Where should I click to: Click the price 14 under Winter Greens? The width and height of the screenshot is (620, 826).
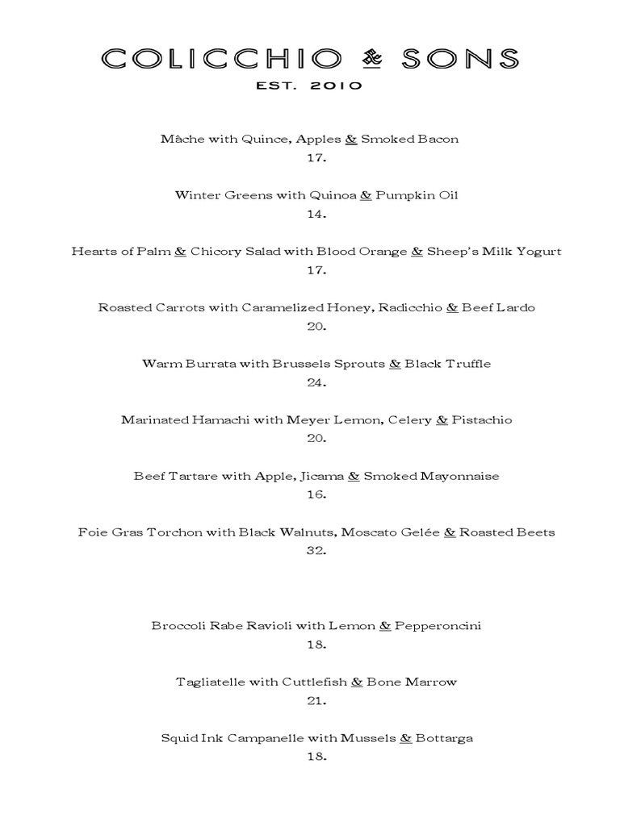316,214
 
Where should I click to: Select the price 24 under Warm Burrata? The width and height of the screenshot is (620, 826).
316,382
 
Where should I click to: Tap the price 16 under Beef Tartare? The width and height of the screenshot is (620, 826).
316,494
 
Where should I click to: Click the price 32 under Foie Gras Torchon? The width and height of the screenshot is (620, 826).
316,551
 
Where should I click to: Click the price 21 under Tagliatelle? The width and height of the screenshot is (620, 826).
316,701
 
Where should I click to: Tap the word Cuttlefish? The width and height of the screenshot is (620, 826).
314,682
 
